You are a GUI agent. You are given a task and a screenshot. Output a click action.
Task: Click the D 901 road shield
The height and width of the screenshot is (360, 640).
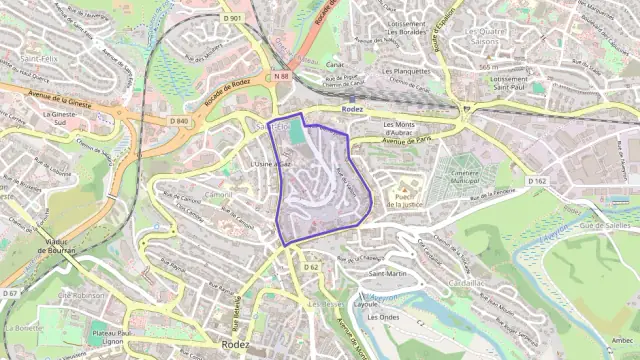[x=234, y=18]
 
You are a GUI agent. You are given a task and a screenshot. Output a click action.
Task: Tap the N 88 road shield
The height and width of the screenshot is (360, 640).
[x=281, y=74]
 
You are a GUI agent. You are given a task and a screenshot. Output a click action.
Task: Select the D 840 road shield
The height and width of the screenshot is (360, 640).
[x=180, y=121]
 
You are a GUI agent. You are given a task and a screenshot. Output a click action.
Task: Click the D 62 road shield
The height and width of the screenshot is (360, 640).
[x=310, y=267]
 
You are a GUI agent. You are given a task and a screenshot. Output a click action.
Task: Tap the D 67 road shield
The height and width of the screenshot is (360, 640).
[x=11, y=293]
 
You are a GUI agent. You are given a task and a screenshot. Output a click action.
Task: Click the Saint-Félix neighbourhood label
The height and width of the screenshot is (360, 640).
[x=37, y=60]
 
